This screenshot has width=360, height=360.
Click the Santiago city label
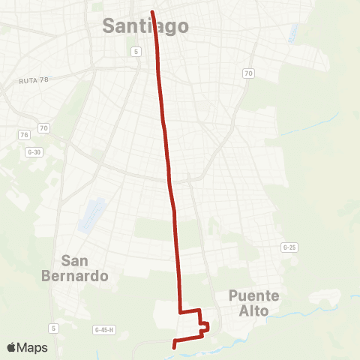click(145, 26)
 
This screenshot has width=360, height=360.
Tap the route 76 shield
click(24, 134)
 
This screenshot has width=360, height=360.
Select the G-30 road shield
click(34, 152)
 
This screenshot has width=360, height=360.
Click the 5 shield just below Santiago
click(135, 51)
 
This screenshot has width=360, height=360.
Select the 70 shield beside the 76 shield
click(43, 128)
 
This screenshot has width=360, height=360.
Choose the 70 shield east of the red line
click(247, 73)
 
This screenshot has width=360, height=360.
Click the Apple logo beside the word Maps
click(12, 347)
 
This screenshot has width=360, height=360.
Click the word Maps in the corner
click(33, 347)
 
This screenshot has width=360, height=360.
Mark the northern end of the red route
click(152, 12)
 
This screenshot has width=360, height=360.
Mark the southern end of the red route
click(174, 347)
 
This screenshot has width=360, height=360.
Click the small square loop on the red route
click(204, 325)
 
